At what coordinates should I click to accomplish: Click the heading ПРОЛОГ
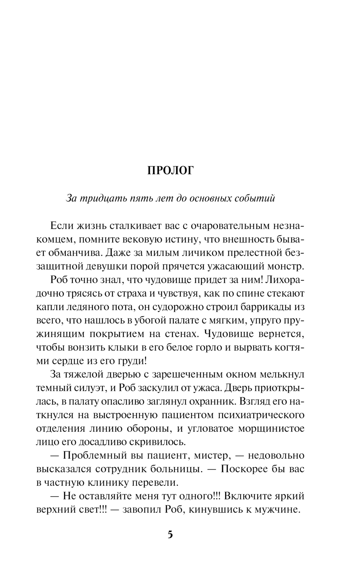pyautogui.click(x=170, y=170)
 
